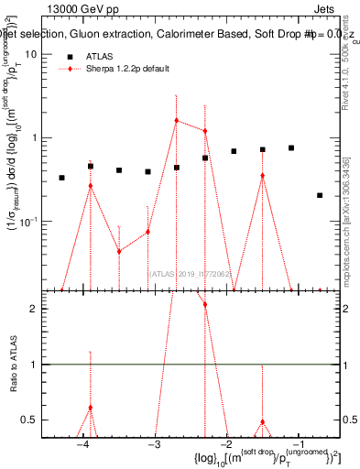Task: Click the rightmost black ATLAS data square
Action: tap(320, 195)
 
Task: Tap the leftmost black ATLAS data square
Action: tap(61, 178)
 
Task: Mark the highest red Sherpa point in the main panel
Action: tap(176, 120)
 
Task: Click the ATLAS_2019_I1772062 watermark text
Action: tap(191, 272)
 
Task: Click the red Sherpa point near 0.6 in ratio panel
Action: tap(90, 407)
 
